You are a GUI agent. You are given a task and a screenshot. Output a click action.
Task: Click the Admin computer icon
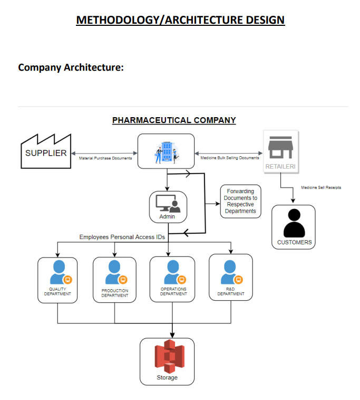point(168,203)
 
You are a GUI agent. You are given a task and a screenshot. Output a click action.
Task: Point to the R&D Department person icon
point(230,272)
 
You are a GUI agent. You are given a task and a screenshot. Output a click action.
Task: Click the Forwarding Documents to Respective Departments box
point(240,201)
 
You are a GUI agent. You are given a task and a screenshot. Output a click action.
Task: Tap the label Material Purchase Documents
point(105,158)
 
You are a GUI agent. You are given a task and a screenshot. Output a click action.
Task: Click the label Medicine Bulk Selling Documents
point(230,158)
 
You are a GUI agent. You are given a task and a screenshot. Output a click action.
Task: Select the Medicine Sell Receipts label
point(321,187)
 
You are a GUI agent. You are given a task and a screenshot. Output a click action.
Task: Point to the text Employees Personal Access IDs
point(122,237)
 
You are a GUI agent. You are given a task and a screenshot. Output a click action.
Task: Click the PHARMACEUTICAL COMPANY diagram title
point(174,120)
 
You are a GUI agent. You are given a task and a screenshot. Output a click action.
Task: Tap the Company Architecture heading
point(71,68)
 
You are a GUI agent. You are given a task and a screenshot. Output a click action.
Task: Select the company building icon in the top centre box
point(166,151)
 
